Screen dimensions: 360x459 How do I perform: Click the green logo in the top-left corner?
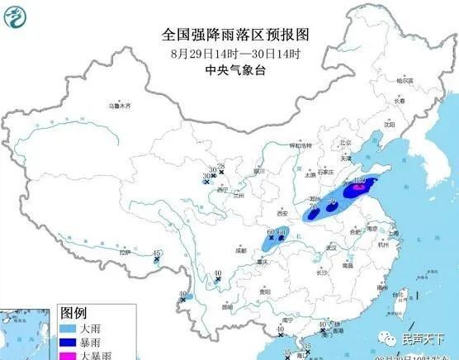click(x=15, y=13)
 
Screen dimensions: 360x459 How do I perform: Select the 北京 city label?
click(x=334, y=143)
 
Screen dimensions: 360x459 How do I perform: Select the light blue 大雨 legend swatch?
click(x=69, y=329)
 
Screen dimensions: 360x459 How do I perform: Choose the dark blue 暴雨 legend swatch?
click(x=69, y=343)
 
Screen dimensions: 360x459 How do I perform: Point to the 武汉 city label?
click(x=333, y=247)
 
